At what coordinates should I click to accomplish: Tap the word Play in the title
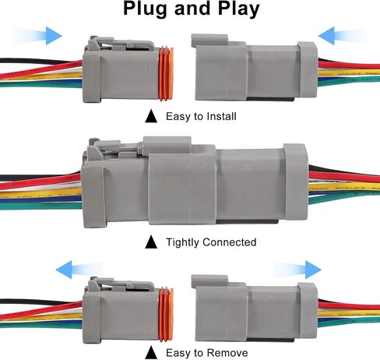point(239,9)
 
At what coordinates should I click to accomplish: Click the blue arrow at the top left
point(37,36)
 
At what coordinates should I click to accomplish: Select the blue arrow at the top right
point(343,36)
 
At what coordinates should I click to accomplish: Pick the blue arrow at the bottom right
point(297,270)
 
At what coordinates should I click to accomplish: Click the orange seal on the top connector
point(166,73)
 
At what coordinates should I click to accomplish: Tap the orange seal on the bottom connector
point(166,314)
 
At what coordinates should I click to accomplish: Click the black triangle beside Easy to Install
point(151,116)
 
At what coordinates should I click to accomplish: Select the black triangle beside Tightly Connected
point(151,242)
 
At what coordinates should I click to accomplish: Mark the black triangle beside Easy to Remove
point(151,353)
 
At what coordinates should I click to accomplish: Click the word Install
point(220,116)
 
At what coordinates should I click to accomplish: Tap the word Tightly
point(183,242)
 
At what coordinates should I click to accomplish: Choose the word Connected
point(230,242)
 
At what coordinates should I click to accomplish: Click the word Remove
point(227,353)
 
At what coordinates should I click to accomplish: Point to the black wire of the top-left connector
point(39,61)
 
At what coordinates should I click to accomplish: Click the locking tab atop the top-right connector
point(209,41)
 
